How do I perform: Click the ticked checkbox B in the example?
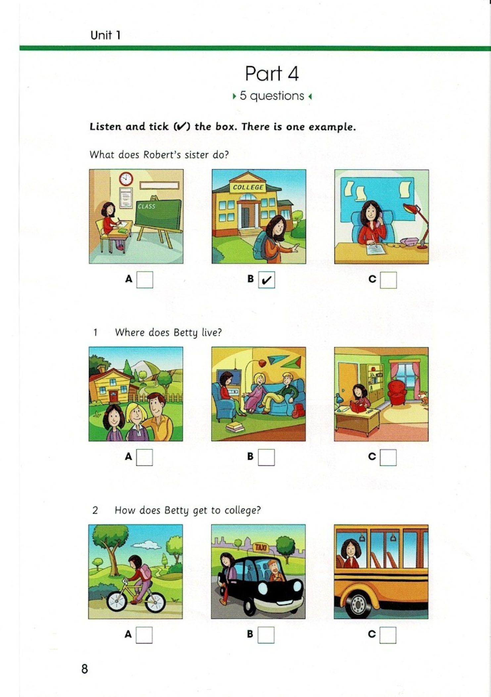(267, 280)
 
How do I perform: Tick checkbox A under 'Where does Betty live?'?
(144, 458)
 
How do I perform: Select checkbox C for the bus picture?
(388, 635)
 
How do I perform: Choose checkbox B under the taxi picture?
(266, 635)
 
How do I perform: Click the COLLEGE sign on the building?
(248, 187)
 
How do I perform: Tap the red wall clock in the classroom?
(126, 179)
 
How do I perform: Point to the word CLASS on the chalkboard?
(147, 206)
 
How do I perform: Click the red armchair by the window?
(397, 393)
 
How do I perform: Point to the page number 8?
(85, 669)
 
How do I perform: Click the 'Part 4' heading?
(272, 74)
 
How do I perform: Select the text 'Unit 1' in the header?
(106, 35)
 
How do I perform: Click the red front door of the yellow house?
(114, 396)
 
